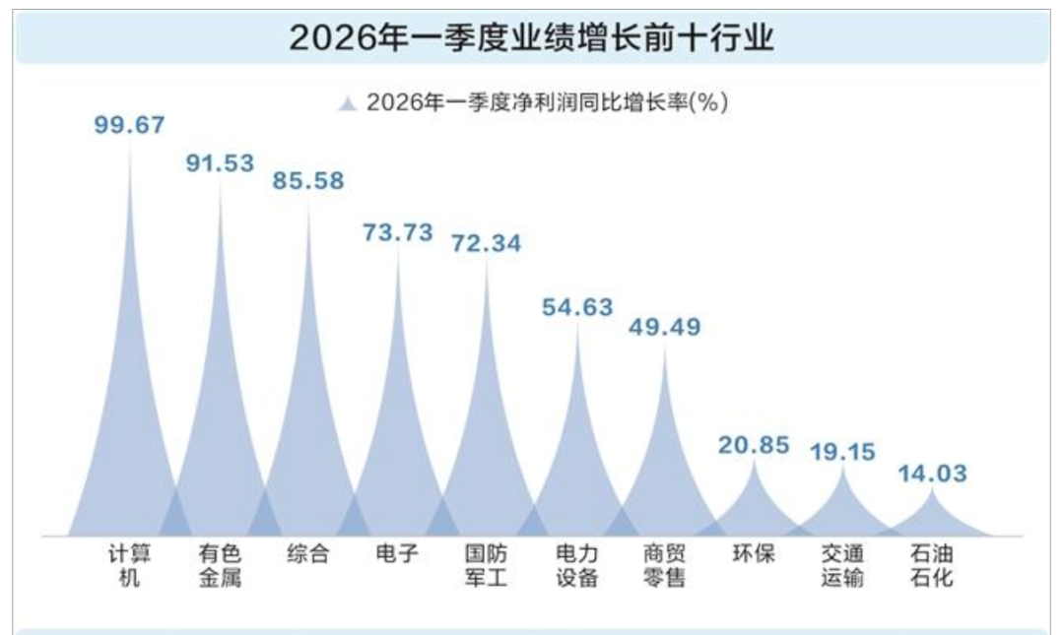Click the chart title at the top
coord(532,38)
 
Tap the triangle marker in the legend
coord(347,103)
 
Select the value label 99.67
coord(129,125)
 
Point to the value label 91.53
coord(220,163)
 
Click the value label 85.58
coord(308,182)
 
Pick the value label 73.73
coord(397,232)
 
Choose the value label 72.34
coord(486,243)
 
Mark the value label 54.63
coord(577,307)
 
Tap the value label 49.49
coord(664,327)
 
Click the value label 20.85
coord(754,445)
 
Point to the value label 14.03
coord(932,474)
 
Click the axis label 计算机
coord(129,565)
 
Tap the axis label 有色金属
coord(220,565)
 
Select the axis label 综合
coord(308,554)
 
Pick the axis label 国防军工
coord(486,565)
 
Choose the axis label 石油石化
coord(932,565)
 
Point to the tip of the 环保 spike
coord(755,461)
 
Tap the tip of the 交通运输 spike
coord(843,468)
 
